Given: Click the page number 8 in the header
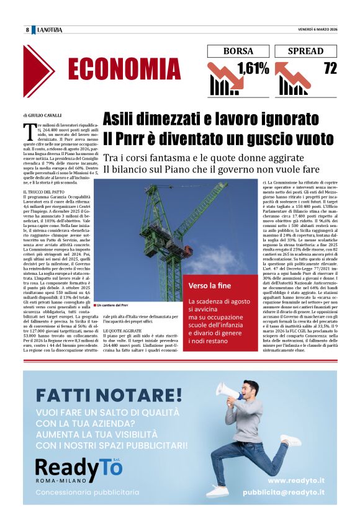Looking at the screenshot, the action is point(27,30).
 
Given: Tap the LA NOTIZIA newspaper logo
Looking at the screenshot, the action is point(50,30).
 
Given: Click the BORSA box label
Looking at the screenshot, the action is point(238,51).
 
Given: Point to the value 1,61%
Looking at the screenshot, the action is point(253,68).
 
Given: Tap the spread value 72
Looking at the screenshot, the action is point(330,68).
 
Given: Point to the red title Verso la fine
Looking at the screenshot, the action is point(210,302).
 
